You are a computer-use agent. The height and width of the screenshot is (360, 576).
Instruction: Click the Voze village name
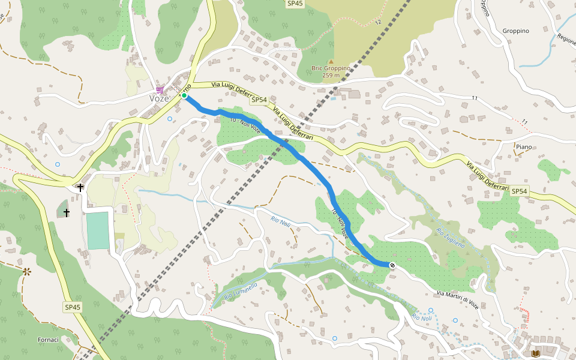coord(159,98)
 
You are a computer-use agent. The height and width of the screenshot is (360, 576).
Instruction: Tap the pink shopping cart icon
coord(160,89)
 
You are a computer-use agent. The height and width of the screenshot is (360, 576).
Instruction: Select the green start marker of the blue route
coord(184,96)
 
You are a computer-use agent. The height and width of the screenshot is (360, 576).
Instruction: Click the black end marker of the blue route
coord(392,265)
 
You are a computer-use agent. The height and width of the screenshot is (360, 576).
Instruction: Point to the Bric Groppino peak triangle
coord(330,61)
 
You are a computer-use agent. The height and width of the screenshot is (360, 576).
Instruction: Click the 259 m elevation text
coord(331,76)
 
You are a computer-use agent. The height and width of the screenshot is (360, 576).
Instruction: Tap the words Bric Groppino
coord(331,68)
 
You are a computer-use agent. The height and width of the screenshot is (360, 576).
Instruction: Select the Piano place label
coord(524,147)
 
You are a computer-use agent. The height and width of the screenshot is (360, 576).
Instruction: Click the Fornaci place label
coord(48,340)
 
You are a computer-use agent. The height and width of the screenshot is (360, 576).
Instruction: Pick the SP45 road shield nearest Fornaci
coord(73,307)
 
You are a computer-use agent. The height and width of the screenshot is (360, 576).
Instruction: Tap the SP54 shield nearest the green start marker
coord(259,100)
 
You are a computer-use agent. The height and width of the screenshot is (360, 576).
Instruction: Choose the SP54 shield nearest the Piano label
coord(520,191)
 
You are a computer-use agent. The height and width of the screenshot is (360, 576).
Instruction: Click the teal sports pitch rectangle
coord(98,230)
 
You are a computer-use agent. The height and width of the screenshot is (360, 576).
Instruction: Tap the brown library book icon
coord(536,354)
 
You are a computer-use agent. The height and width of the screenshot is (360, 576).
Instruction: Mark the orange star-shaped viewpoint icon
coord(26,272)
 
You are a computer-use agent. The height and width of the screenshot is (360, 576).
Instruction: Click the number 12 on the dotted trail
coord(378,22)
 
